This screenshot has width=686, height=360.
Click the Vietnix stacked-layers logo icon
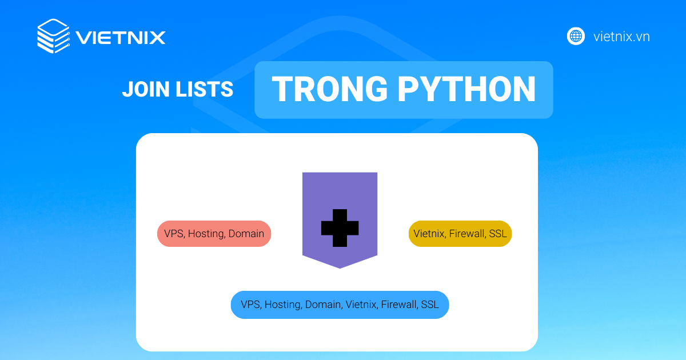53,37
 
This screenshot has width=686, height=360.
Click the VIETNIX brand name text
121,38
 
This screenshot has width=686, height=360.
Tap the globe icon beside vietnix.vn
576,36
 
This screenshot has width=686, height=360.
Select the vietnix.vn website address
621,37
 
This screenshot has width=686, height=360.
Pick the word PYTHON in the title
466,90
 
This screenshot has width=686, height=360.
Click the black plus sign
340,228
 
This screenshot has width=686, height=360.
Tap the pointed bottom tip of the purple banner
340,266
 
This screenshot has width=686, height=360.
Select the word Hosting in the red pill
206,234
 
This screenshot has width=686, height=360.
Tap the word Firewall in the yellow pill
467,234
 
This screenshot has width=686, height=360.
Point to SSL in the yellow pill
497,234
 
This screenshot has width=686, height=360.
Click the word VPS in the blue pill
250,305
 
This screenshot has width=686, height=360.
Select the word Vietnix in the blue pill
362,305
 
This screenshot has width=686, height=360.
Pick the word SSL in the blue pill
430,305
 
